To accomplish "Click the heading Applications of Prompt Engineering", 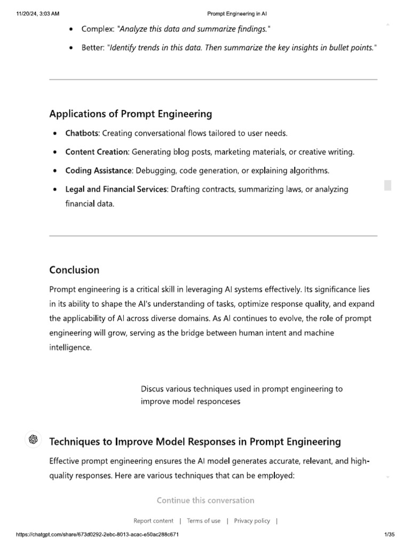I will point(130,114).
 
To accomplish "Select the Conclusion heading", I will point(74,270).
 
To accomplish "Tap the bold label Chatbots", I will point(82,133).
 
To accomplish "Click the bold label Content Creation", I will point(97,152).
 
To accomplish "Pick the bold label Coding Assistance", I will point(98,170).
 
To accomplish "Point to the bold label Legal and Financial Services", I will point(115,189).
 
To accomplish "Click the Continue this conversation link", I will point(206,501).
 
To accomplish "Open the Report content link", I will point(153,521).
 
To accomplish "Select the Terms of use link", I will point(203,521).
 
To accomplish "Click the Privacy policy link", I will point(252,521).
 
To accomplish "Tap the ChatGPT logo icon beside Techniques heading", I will point(33,439).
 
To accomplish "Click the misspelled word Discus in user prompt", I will point(152,389).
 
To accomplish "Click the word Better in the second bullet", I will point(93,48).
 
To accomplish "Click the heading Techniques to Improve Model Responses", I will point(195,442).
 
